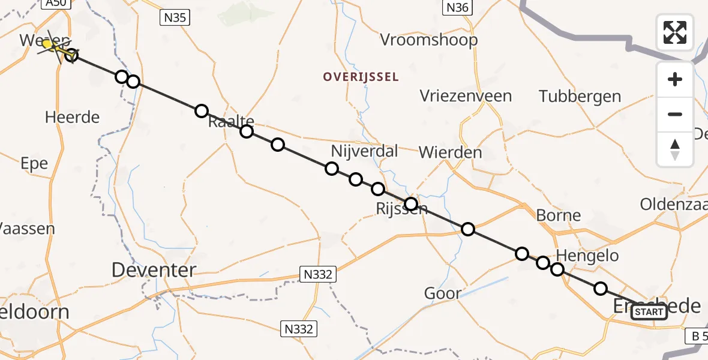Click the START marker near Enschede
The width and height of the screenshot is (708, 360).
point(649,312)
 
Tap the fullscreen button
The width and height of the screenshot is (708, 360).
point(675,32)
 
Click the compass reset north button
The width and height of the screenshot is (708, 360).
point(675,149)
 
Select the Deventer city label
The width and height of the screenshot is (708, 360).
point(154,270)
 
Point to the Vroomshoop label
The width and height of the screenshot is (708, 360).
point(429,40)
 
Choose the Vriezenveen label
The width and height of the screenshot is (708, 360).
point(466,96)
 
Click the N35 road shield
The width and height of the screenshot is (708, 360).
point(175,18)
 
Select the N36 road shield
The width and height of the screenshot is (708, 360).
point(458,7)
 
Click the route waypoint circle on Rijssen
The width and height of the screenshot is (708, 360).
point(411,204)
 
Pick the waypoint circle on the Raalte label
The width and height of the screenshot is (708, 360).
point(247,131)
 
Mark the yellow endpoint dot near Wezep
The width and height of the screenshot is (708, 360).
point(47,43)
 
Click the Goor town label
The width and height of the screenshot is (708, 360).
point(442,293)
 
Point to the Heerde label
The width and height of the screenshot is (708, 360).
point(72,117)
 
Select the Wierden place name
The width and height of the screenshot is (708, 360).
point(450,152)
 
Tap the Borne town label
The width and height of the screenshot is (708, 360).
point(559,215)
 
